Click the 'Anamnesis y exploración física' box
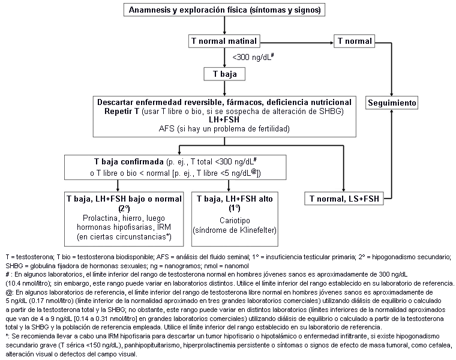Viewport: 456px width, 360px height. click(x=223, y=10)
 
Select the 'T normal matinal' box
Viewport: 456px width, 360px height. click(x=223, y=42)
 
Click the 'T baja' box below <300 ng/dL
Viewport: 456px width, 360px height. click(x=223, y=74)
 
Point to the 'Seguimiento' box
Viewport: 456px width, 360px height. click(x=391, y=103)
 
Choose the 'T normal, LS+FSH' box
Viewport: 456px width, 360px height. click(x=344, y=198)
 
